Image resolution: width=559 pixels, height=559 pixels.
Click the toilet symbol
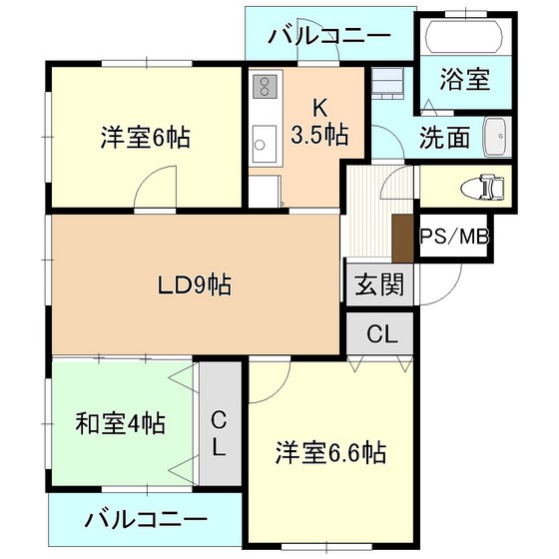pyautogui.click(x=483, y=187)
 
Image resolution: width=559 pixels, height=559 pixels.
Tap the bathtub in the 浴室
pyautogui.click(x=465, y=36)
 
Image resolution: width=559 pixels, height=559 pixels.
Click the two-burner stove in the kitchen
pyautogui.click(x=265, y=87)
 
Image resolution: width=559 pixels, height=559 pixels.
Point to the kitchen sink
pyautogui.click(x=265, y=144)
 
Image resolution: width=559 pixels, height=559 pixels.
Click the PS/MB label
pyautogui.click(x=453, y=237)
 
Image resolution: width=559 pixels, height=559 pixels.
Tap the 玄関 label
pyautogui.click(x=379, y=284)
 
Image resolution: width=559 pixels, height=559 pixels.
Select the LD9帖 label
pyautogui.click(x=195, y=284)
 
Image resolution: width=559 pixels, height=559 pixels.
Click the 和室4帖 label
pyautogui.click(x=121, y=423)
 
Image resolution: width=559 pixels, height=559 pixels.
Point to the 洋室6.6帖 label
pyautogui.click(x=330, y=453)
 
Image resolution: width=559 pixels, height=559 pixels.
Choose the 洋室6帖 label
pyautogui.click(x=146, y=137)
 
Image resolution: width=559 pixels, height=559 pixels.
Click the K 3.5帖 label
pyautogui.click(x=319, y=122)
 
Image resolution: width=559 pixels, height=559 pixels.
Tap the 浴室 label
pyautogui.click(x=465, y=79)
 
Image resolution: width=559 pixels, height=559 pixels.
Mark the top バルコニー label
pyautogui.click(x=329, y=36)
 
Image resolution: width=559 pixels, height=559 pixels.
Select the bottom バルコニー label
pyautogui.click(x=146, y=520)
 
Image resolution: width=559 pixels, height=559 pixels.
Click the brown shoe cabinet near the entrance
pyautogui.click(x=403, y=239)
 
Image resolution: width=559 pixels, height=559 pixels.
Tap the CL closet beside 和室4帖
pyautogui.click(x=221, y=423)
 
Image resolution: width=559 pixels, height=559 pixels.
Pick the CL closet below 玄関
pyautogui.click(x=380, y=333)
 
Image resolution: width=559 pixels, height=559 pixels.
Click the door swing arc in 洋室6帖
pyautogui.click(x=150, y=181)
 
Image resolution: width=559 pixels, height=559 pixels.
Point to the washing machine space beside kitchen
pyautogui.click(x=387, y=84)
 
